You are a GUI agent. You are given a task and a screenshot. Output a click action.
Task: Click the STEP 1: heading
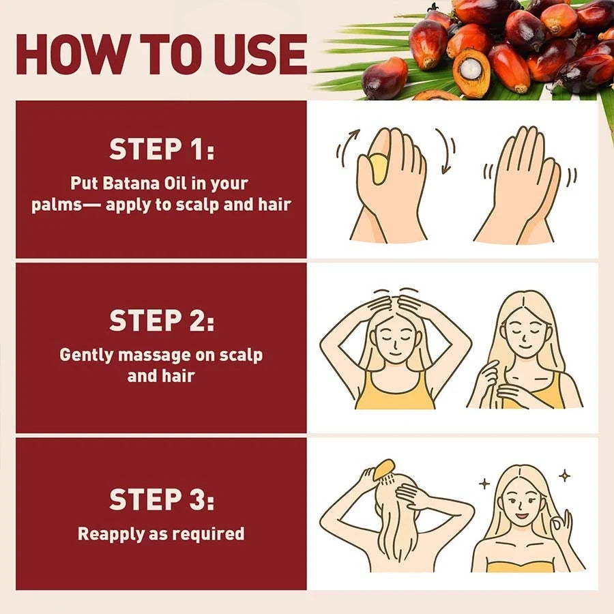click(162, 150)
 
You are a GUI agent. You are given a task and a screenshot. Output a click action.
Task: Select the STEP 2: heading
click(162, 321)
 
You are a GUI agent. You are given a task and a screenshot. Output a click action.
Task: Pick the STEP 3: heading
click(162, 501)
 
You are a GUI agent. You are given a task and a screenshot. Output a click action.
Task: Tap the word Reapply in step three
click(109, 533)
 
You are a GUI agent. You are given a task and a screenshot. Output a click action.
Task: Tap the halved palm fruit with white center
click(471, 72)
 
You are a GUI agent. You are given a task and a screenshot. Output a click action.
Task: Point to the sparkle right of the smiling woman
click(564, 476)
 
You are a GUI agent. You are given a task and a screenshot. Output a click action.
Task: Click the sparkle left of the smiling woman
click(484, 483)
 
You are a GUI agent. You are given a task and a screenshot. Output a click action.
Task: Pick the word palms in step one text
click(52, 205)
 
